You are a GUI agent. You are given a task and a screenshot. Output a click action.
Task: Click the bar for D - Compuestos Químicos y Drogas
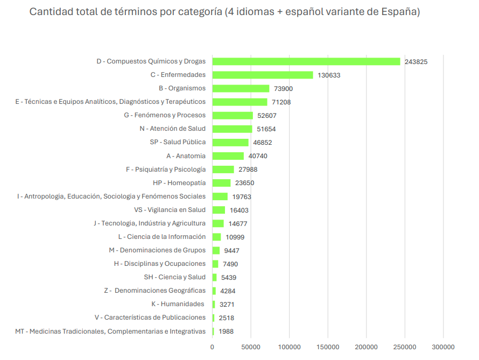306,61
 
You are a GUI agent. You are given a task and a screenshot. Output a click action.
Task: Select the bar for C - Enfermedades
263,75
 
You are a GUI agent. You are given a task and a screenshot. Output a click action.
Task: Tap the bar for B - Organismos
241,88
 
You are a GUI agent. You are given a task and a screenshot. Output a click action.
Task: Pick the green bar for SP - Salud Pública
230,143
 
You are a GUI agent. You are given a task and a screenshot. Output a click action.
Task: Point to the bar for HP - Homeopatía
221,183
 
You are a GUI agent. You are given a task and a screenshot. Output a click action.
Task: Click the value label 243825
416,62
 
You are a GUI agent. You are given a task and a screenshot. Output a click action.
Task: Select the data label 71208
283,102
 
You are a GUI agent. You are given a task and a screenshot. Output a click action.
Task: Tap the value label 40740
258,156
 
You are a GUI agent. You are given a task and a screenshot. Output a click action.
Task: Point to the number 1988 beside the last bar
226,331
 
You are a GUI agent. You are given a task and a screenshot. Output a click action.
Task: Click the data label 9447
232,251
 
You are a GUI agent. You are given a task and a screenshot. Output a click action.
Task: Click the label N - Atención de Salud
172,129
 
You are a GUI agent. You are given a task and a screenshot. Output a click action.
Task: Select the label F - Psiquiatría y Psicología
166,170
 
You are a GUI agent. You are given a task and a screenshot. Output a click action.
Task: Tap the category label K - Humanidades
178,304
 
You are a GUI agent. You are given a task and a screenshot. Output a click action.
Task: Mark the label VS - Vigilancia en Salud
170,210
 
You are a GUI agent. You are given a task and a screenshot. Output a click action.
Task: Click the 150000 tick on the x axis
328,347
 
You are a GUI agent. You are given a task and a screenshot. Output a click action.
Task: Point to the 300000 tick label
443,347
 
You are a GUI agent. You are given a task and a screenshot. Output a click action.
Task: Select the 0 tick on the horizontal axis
212,347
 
